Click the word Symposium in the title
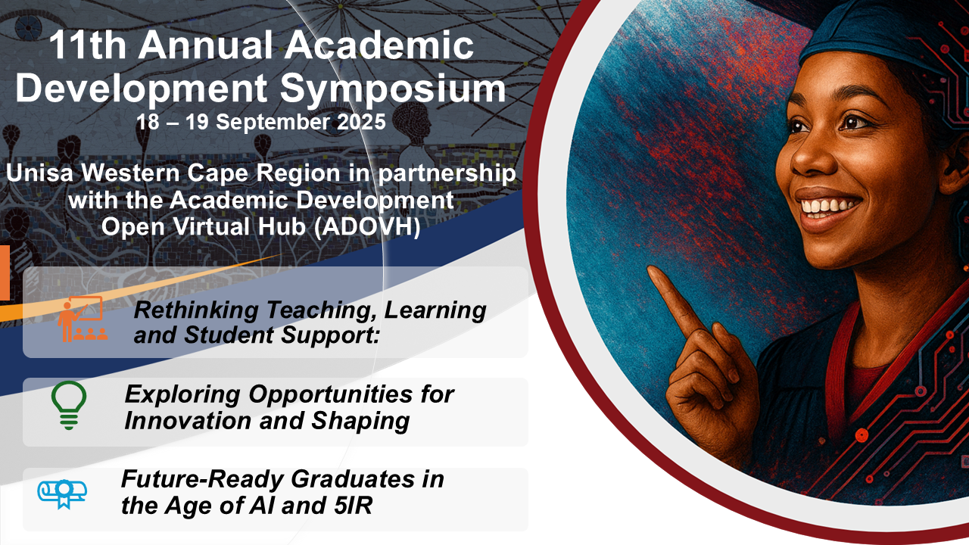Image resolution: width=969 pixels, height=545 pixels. pyautogui.click(x=393, y=89)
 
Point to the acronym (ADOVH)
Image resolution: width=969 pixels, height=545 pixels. pyautogui.click(x=367, y=227)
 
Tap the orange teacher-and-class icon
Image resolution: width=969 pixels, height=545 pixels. pyautogui.click(x=83, y=319)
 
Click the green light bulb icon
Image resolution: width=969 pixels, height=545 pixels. pyautogui.click(x=69, y=405)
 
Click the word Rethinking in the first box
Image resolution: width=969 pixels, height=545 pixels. pyautogui.click(x=196, y=311)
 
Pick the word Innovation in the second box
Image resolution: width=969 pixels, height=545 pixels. pyautogui.click(x=188, y=421)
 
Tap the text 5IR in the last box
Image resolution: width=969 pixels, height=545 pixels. pyautogui.click(x=353, y=506)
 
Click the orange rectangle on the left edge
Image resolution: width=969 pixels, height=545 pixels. pyautogui.click(x=5, y=272)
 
